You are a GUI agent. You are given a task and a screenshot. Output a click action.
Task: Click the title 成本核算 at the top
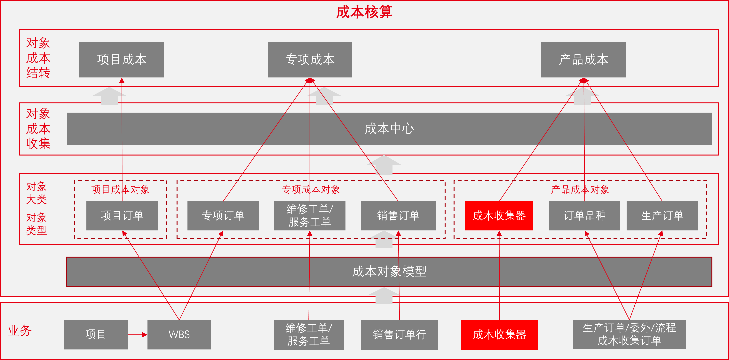point(364,12)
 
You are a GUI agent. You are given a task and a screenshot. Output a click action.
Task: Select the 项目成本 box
point(122,60)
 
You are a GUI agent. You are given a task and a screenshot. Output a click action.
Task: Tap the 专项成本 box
point(310,60)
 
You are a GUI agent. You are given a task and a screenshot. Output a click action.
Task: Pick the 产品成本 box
point(583,60)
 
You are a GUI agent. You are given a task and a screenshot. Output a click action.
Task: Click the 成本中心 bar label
point(389,129)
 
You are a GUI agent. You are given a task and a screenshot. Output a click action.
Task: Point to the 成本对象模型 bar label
point(389,272)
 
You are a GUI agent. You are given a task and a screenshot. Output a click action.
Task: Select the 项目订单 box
point(122,216)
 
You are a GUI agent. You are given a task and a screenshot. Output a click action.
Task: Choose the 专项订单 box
point(223,216)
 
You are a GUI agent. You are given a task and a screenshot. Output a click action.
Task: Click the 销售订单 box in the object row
point(398,216)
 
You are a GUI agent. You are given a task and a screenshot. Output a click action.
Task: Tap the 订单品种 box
point(584,216)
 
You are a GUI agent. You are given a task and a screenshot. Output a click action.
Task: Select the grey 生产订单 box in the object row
point(662,216)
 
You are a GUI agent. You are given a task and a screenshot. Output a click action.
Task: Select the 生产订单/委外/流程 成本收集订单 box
point(629,334)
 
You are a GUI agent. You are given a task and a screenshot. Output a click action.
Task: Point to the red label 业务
point(19,331)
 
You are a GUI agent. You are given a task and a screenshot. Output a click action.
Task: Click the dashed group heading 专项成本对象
point(311,189)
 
